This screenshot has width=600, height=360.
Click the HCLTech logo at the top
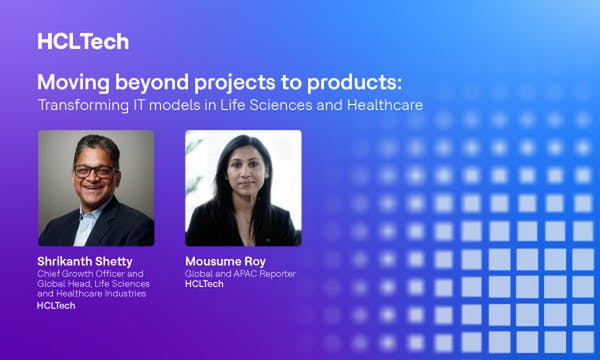pos(82,41)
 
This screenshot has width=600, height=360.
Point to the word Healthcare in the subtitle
pos(378,104)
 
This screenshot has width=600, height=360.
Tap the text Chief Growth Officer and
pos(91,273)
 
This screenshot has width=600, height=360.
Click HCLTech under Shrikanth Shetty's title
pos(55,305)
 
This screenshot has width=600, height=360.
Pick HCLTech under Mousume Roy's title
pos(204,284)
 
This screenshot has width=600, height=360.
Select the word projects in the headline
pos(221,82)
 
